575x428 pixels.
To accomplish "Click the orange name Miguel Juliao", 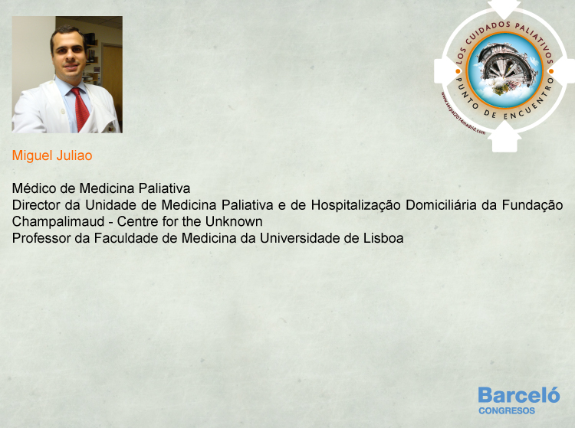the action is [52, 155].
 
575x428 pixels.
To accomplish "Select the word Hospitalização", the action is [355, 205].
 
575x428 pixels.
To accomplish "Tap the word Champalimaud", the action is [58, 221].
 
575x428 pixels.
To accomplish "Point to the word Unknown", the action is [234, 221].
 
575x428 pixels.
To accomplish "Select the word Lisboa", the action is [383, 238].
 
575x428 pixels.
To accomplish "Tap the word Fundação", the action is [532, 205].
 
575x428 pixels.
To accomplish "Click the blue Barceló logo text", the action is [519, 395].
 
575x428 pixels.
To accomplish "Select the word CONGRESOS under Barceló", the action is [507, 411].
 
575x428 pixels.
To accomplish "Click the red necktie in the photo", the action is [80, 109].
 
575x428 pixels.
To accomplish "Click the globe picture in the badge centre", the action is [504, 70].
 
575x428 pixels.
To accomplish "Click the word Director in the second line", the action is [36, 205].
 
